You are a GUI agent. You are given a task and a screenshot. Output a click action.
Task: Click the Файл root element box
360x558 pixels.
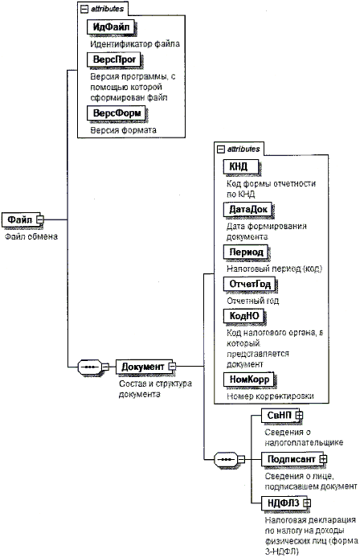click(22, 220)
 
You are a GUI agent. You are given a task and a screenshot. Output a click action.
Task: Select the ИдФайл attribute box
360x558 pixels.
click(111, 27)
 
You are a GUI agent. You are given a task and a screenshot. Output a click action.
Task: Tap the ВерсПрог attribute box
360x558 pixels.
click(114, 59)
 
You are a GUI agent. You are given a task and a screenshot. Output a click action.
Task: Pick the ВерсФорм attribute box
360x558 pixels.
click(117, 113)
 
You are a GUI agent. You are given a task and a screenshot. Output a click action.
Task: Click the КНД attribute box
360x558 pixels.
click(241, 166)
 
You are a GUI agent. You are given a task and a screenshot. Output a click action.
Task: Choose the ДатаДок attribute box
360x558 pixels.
click(247, 209)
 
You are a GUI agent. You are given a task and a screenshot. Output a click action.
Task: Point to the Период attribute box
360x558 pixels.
click(246, 252)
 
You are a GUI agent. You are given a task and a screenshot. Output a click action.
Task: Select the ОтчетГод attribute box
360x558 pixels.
click(250, 284)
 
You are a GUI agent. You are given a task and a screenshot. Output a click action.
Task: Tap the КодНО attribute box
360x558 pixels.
click(244, 316)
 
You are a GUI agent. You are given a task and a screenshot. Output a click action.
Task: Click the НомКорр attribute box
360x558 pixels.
click(249, 380)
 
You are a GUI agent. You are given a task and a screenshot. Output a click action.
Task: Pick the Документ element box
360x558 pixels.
click(145, 367)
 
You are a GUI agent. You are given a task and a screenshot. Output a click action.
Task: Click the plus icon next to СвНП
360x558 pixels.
click(299, 415)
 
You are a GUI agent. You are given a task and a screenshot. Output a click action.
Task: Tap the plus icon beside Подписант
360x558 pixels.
click(323, 459)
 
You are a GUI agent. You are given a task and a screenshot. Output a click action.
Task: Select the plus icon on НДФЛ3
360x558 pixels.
click(307, 503)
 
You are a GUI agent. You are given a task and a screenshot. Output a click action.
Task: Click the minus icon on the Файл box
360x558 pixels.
click(40, 220)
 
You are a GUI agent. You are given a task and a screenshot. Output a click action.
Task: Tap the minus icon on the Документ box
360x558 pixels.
click(172, 366)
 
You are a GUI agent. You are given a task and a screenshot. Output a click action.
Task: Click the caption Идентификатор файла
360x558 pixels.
click(135, 44)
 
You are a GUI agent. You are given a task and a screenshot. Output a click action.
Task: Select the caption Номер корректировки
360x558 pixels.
click(270, 396)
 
